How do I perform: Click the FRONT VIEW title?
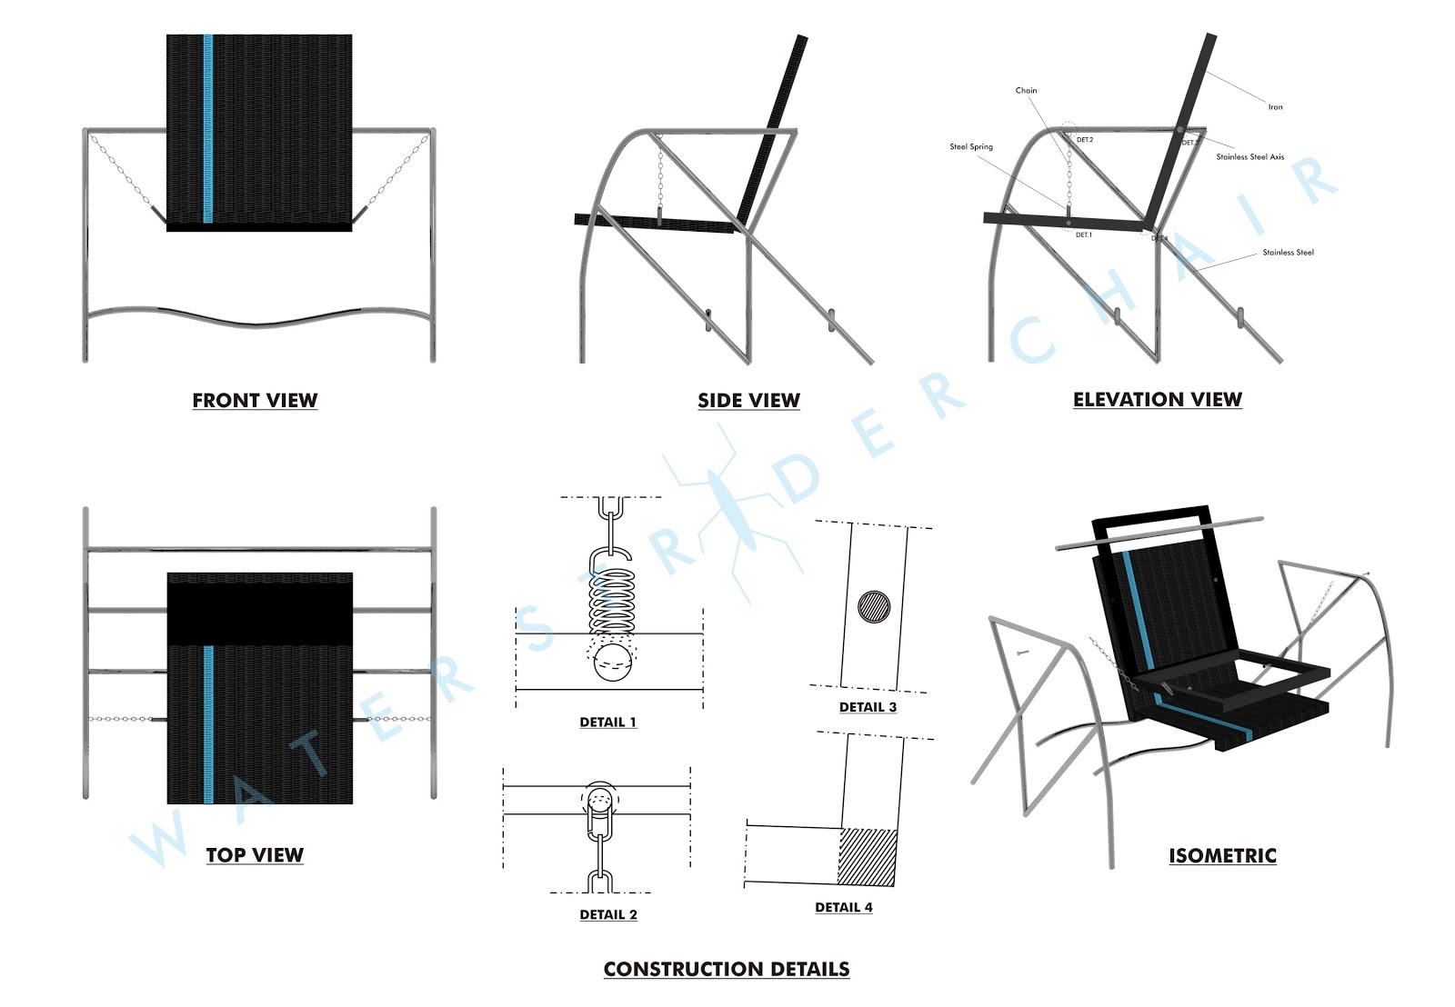tap(255, 400)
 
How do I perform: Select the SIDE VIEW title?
tap(748, 400)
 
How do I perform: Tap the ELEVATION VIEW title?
tap(1157, 399)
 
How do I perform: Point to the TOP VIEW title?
tap(255, 854)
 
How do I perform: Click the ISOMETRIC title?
tap(1222, 855)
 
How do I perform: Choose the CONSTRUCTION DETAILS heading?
tap(727, 969)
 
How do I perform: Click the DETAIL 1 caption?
tap(607, 722)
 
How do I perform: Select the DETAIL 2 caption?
tap(608, 914)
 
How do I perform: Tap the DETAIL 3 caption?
tap(868, 707)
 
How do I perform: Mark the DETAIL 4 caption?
tap(844, 907)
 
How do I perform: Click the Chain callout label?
tap(1026, 90)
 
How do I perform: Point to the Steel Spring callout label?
tap(971, 146)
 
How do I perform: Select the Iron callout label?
tap(1275, 107)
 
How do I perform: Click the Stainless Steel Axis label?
tap(1250, 157)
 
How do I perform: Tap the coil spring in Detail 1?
tap(612, 601)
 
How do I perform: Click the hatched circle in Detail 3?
tap(875, 606)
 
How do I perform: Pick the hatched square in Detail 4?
tap(867, 856)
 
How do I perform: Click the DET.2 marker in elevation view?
tap(1085, 140)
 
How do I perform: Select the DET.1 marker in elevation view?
tap(1083, 234)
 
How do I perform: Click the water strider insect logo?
tap(733, 509)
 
